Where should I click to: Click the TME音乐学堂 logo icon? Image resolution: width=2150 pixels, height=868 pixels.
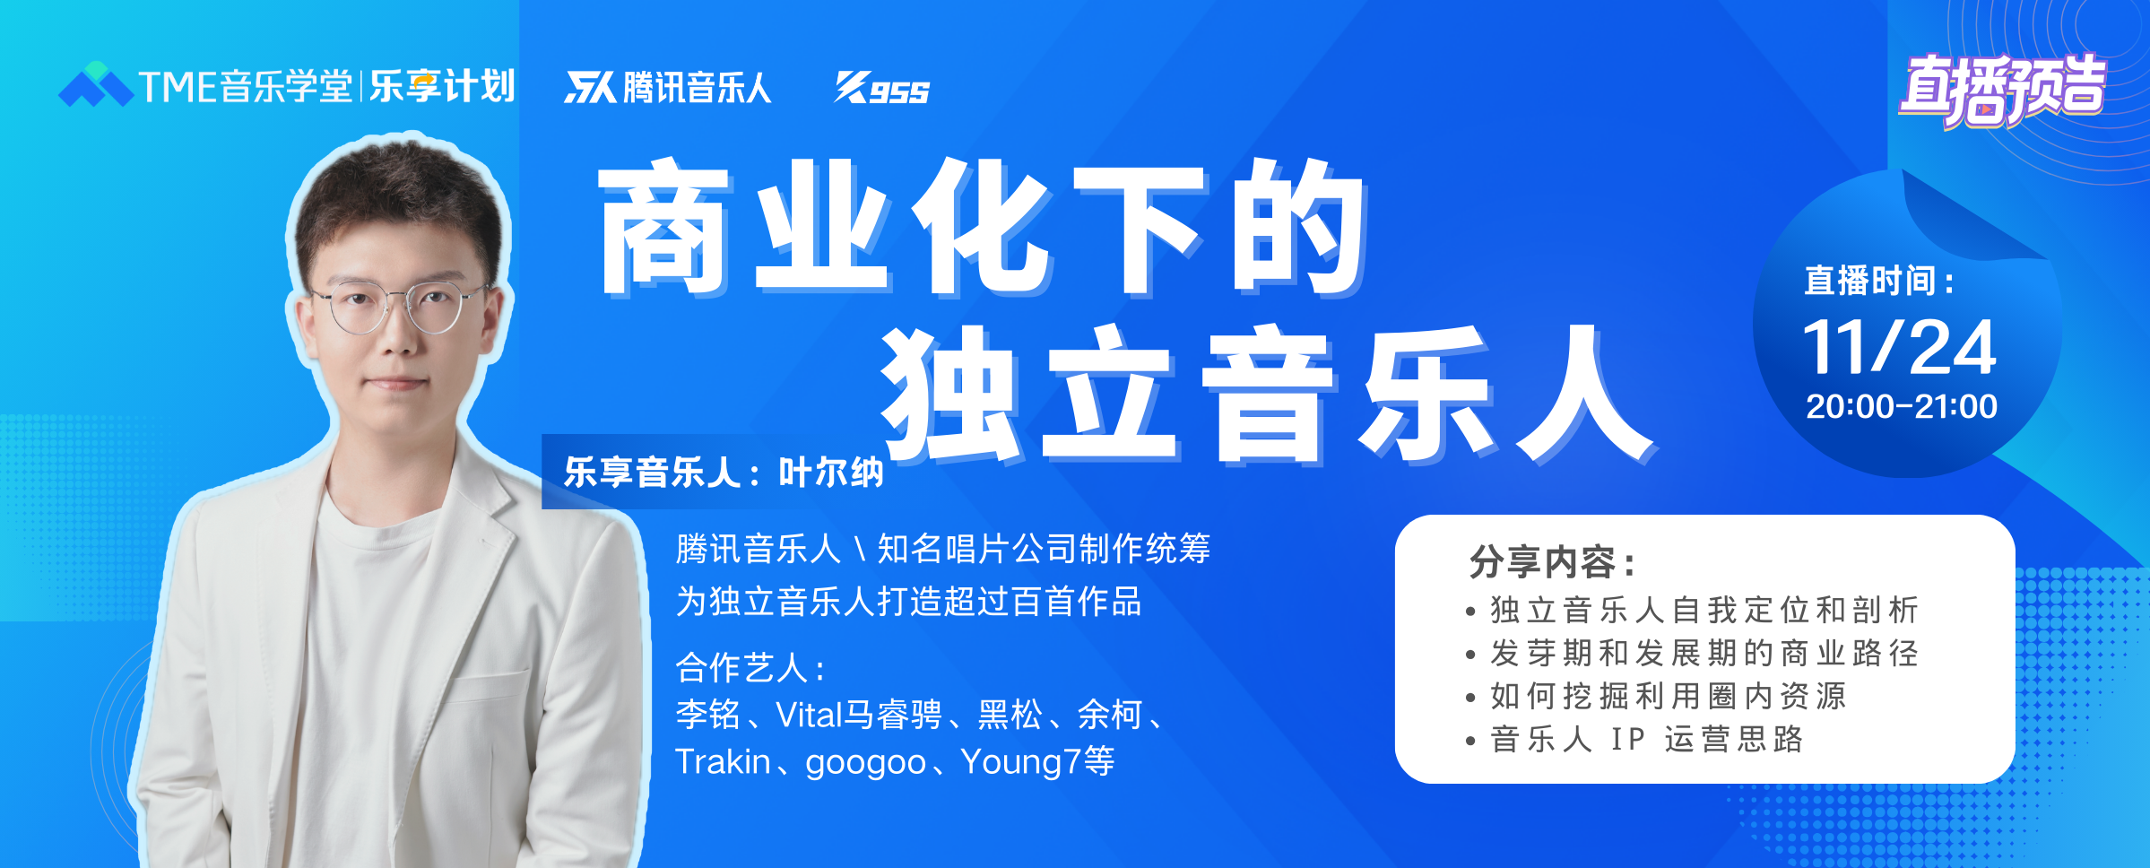click(96, 84)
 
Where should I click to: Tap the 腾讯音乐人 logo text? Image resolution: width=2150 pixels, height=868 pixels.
click(697, 88)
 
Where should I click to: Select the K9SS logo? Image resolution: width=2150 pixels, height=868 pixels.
click(882, 88)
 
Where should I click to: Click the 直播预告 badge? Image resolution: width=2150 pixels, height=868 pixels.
click(2002, 89)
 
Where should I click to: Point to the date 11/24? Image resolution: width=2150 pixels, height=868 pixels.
click(1900, 347)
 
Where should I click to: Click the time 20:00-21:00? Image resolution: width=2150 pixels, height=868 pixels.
click(1901, 406)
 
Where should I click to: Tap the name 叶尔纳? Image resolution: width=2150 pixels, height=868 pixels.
click(831, 473)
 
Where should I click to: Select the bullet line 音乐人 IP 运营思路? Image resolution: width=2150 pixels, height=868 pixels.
click(1646, 739)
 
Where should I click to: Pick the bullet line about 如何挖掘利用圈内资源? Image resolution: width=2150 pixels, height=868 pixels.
click(1669, 696)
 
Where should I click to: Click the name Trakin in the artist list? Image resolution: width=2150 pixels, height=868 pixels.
click(723, 761)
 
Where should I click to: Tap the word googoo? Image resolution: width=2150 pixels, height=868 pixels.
click(865, 763)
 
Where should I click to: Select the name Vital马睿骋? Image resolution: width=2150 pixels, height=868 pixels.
click(859, 715)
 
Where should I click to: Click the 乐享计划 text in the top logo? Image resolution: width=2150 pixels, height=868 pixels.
click(442, 86)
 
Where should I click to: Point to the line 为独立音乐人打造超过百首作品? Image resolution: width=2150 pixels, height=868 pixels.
click(909, 601)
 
